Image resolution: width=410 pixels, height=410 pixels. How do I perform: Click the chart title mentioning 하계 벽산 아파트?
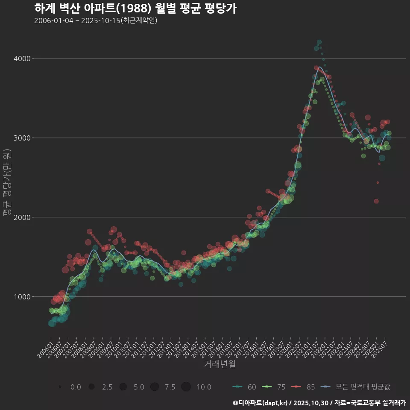tap(135, 8)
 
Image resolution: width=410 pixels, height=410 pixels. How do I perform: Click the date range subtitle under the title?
tap(96, 20)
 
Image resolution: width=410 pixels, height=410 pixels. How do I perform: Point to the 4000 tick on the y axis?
tap(24, 59)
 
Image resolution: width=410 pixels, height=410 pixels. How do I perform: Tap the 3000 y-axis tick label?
tap(24, 138)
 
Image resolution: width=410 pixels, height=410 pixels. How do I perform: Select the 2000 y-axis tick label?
tap(24, 217)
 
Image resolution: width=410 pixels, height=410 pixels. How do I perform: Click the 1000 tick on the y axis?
tap(24, 297)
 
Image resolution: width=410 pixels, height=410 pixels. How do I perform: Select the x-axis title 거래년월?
tap(220, 364)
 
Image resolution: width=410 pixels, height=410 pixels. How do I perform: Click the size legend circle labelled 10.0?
tap(186, 387)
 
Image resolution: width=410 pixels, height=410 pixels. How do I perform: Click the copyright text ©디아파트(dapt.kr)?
tap(261, 403)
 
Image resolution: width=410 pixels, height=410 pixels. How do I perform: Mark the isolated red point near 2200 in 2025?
tap(376, 201)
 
